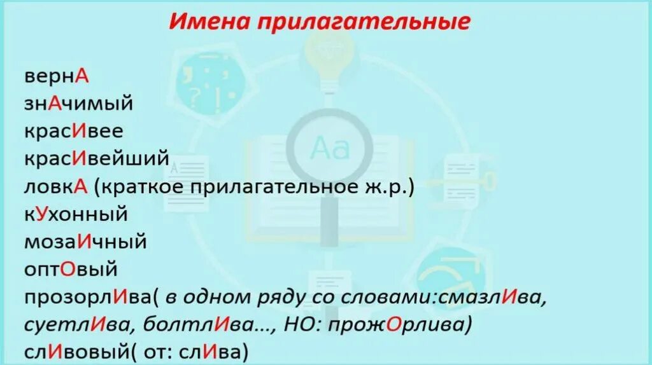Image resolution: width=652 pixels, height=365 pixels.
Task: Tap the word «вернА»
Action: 57,76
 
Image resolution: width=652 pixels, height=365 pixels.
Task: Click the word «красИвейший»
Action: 97,158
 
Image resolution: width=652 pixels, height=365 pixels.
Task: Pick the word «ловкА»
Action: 56,186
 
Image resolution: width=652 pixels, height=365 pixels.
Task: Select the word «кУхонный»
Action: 76,214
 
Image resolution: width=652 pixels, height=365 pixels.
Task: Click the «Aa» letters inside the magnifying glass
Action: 329,148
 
